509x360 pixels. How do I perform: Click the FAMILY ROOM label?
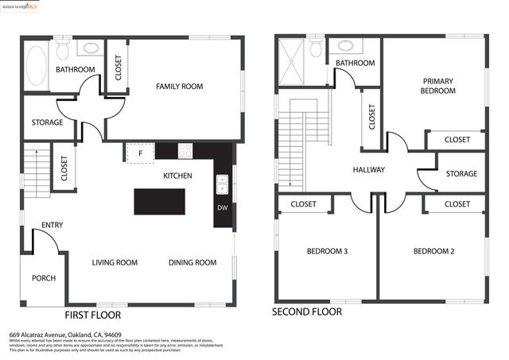[x=179, y=86]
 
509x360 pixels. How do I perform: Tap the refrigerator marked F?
[x=140, y=152]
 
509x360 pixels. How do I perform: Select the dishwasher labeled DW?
[x=222, y=208]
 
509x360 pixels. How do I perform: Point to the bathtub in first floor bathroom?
[x=36, y=65]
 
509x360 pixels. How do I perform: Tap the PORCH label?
[x=43, y=278]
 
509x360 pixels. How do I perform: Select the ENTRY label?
[x=52, y=225]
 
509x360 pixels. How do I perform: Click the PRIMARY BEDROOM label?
[x=438, y=86]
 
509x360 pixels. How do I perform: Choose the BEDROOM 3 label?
[x=327, y=252]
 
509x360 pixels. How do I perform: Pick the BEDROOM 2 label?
[x=433, y=252]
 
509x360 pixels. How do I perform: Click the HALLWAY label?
[x=368, y=169]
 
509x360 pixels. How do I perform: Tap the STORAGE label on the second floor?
[x=461, y=174]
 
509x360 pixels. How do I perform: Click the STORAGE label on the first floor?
[x=48, y=122]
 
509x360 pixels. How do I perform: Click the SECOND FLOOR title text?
[x=307, y=312]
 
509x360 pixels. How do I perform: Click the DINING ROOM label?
[x=192, y=262]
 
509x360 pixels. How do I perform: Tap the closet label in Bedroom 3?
[x=303, y=204]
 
